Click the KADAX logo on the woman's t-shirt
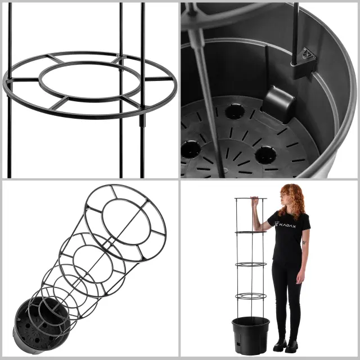click(x=286, y=224)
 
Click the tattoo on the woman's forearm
click(x=304, y=242)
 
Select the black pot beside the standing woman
click(x=251, y=335)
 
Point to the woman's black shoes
click(x=286, y=345)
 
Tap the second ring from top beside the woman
click(x=251, y=233)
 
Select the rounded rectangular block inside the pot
click(x=278, y=104)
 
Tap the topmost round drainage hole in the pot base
click(x=235, y=111)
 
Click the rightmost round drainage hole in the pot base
click(x=266, y=155)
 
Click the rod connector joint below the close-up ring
click(x=142, y=120)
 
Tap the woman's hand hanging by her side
click(x=300, y=277)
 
